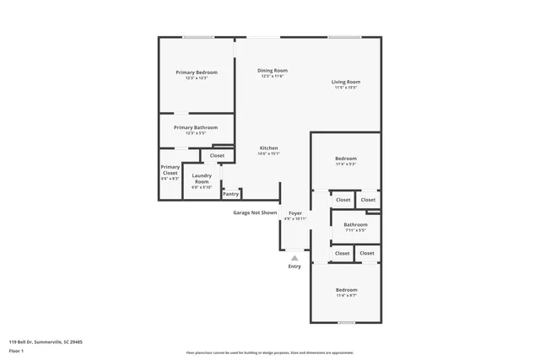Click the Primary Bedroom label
tap(197, 73)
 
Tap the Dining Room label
tap(273, 70)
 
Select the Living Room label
tap(346, 82)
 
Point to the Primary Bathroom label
tap(196, 127)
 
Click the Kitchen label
tap(269, 148)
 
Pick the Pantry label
tap(230, 194)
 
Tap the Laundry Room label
tap(202, 179)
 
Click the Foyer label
tap(295, 213)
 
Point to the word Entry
tap(294, 266)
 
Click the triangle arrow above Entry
tap(294, 256)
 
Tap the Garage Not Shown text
tap(255, 212)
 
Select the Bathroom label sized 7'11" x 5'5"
tap(355, 224)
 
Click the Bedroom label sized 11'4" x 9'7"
tap(346, 289)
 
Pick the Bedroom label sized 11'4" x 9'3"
tap(346, 159)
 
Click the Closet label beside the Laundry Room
tap(218, 156)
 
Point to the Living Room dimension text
tap(346, 88)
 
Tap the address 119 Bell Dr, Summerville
tap(46, 341)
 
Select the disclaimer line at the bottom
tap(270, 353)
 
